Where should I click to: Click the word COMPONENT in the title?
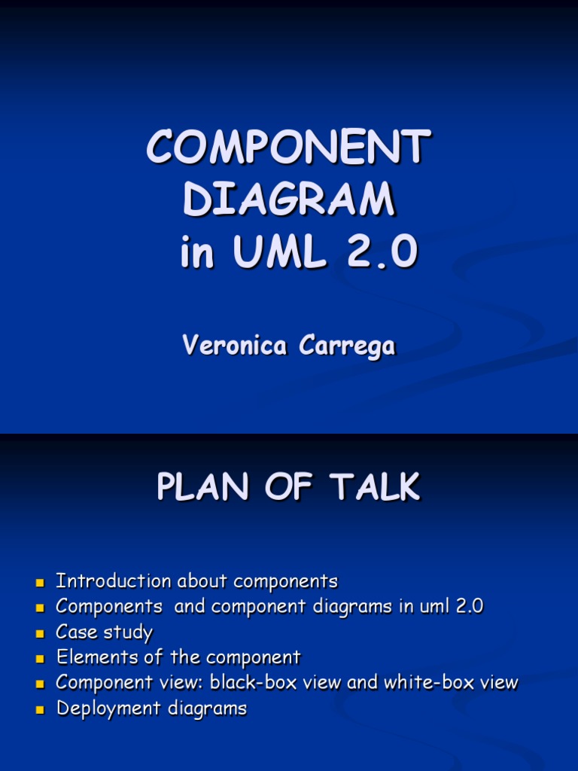pyautogui.click(x=289, y=148)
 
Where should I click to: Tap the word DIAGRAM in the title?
pyautogui.click(x=289, y=200)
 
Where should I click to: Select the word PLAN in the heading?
pyautogui.click(x=198, y=487)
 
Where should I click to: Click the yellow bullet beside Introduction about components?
pyautogui.click(x=41, y=583)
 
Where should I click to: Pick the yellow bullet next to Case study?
pyautogui.click(x=41, y=633)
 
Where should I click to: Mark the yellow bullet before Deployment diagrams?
pyautogui.click(x=41, y=709)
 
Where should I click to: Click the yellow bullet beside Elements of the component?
pyautogui.click(x=41, y=659)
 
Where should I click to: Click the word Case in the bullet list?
pyautogui.click(x=77, y=632)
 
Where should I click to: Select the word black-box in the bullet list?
pyautogui.click(x=251, y=683)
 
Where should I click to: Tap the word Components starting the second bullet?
pyautogui.click(x=110, y=607)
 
